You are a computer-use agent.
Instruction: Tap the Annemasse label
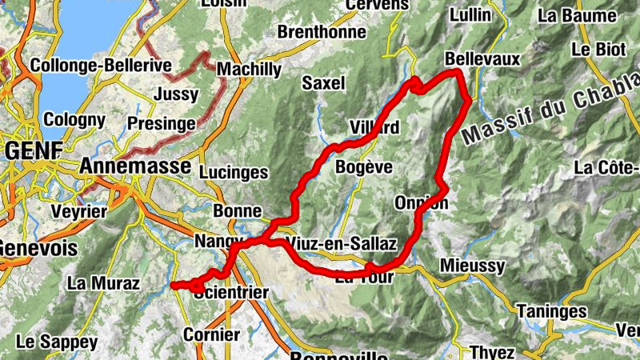(135, 166)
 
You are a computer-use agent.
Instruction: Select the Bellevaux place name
(482, 59)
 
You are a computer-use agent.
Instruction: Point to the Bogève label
(364, 167)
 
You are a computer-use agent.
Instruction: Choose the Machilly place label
(248, 70)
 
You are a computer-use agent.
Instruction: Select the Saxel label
(323, 82)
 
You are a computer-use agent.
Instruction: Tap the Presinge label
(161, 124)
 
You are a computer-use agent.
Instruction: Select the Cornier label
(211, 334)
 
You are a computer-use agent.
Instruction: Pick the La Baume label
(577, 15)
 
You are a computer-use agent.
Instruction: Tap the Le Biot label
(598, 50)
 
